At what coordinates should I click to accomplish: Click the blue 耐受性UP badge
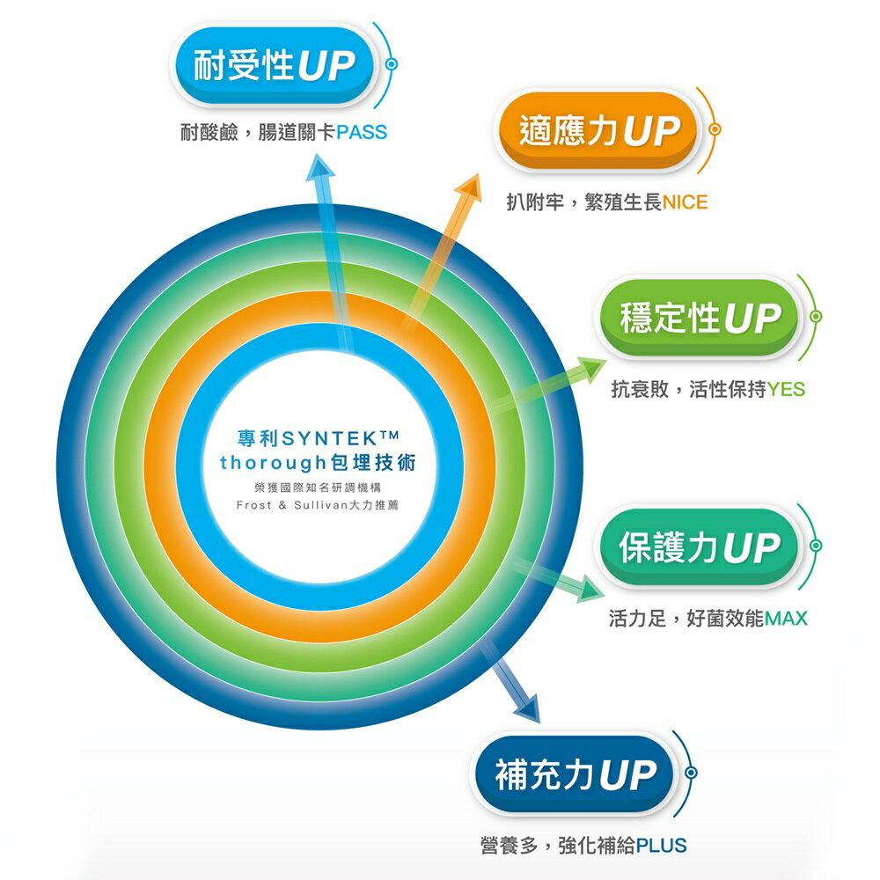click(273, 66)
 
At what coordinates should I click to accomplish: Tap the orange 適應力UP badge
click(598, 132)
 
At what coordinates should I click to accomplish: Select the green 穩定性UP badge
click(700, 318)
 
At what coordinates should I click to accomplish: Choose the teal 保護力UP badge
click(700, 548)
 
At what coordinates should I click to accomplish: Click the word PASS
click(361, 133)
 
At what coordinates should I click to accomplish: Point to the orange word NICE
click(685, 203)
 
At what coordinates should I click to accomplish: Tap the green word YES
click(785, 389)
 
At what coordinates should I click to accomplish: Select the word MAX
click(785, 619)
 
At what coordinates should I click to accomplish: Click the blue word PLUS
click(661, 847)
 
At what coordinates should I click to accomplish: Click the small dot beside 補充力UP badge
click(691, 774)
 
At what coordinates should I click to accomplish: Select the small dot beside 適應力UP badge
click(715, 130)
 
